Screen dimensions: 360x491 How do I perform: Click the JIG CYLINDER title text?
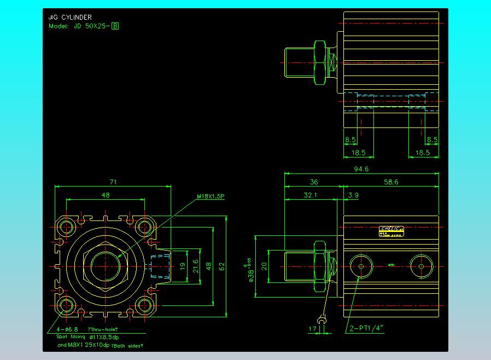pos(70,18)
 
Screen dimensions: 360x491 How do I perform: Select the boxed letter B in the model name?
pos(115,26)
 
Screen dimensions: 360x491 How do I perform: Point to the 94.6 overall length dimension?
pos(361,169)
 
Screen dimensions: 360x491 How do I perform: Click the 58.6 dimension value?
pos(391,182)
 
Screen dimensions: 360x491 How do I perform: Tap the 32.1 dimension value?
pos(310,195)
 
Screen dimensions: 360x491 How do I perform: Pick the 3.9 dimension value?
pos(353,195)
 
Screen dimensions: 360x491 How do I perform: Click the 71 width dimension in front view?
pos(113,182)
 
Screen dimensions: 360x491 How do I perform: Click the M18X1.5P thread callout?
pos(212,196)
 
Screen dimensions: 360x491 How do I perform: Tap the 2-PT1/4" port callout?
pos(366,328)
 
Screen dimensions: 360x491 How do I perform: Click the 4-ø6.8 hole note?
pos(68,329)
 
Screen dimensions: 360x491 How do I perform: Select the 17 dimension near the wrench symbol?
pos(313,329)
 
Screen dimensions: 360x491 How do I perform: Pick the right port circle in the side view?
pos(421,266)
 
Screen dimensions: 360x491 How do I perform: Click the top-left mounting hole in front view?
pos(68,226)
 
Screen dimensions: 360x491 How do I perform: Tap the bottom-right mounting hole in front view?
pos(145,305)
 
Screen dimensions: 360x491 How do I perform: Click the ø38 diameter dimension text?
pos(251,272)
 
